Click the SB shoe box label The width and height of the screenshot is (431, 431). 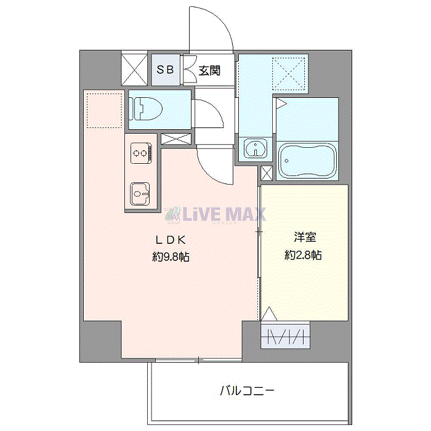pyautogui.click(x=164, y=70)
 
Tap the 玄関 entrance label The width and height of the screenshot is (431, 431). pyautogui.click(x=208, y=70)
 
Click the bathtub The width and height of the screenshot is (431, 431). pyautogui.click(x=307, y=161)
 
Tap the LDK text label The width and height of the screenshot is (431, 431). pyautogui.click(x=170, y=240)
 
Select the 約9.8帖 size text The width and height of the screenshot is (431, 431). pyautogui.click(x=171, y=257)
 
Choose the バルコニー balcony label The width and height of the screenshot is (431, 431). pyautogui.click(x=246, y=390)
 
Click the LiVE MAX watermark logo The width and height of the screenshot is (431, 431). pyautogui.click(x=215, y=214)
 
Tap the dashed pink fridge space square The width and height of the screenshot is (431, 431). pyautogui.click(x=105, y=110)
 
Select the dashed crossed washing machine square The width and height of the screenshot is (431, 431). pyautogui.click(x=289, y=73)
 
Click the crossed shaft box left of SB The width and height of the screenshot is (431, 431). pyautogui.click(x=132, y=70)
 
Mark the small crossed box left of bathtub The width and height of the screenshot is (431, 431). pyautogui.click(x=267, y=172)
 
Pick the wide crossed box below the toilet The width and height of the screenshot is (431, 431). pyautogui.click(x=175, y=139)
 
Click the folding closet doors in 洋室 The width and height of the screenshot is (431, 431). pyautogui.click(x=284, y=337)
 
